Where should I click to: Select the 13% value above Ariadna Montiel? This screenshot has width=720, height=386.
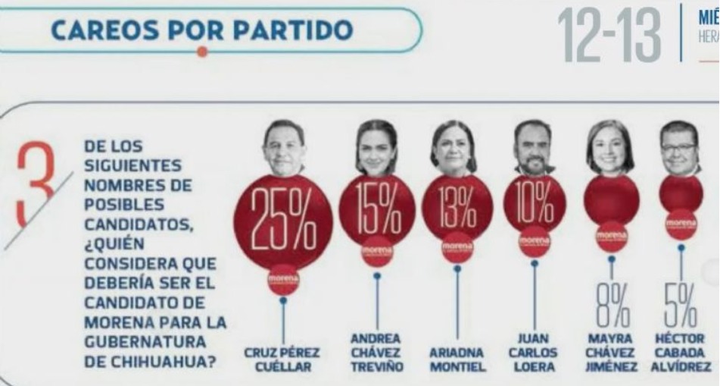(x=457, y=206)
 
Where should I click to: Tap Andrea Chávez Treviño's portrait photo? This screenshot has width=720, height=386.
(x=376, y=146)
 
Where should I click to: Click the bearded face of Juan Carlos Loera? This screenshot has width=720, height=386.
(x=534, y=146)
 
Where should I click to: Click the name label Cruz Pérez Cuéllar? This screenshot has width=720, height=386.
(x=282, y=359)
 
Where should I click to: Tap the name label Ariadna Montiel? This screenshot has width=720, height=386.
(x=457, y=359)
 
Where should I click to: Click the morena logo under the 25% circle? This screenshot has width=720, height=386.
(x=283, y=281)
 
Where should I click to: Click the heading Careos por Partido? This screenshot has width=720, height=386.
(x=202, y=30)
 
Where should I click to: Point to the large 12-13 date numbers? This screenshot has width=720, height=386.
(x=610, y=36)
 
